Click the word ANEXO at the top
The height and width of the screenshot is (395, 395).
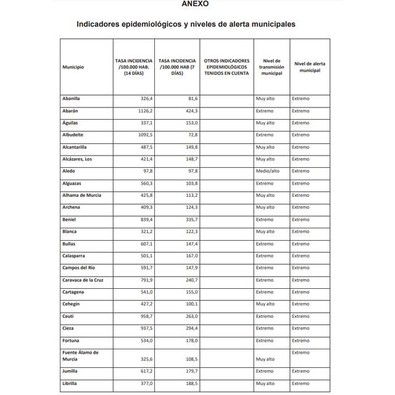click(195, 4)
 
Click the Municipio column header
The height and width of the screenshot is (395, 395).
click(73, 67)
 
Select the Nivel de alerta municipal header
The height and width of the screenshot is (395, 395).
click(310, 67)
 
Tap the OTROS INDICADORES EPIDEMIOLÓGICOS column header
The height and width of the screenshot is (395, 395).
click(226, 67)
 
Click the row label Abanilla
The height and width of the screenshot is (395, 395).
click(72, 99)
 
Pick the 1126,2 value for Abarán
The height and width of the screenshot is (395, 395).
click(143, 111)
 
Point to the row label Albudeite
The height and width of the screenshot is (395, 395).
click(73, 135)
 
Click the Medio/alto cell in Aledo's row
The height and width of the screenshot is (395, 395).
click(268, 171)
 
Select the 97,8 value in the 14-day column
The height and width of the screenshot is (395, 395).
click(145, 171)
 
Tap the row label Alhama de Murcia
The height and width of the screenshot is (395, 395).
click(81, 195)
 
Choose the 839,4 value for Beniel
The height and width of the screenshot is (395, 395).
click(144, 219)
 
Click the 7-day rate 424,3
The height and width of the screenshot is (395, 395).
click(189, 111)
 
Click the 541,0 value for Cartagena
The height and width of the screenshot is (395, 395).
click(144, 291)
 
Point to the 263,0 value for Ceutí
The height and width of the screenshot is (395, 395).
click(189, 315)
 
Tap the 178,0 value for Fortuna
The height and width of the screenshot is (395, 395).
click(189, 340)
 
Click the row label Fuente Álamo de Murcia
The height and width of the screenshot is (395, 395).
click(80, 355)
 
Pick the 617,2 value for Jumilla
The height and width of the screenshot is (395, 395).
click(144, 371)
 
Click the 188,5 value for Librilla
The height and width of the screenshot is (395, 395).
click(189, 383)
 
